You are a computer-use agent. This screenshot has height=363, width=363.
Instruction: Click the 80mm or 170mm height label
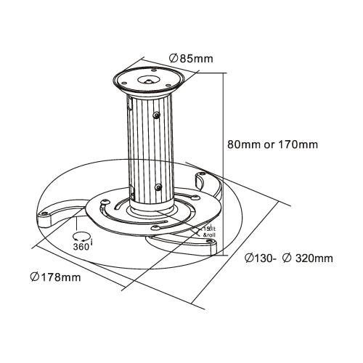[x=272, y=144]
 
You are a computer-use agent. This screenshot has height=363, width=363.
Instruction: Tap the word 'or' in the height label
[x=265, y=144]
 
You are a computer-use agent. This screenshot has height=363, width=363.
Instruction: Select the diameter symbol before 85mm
[x=174, y=59]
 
